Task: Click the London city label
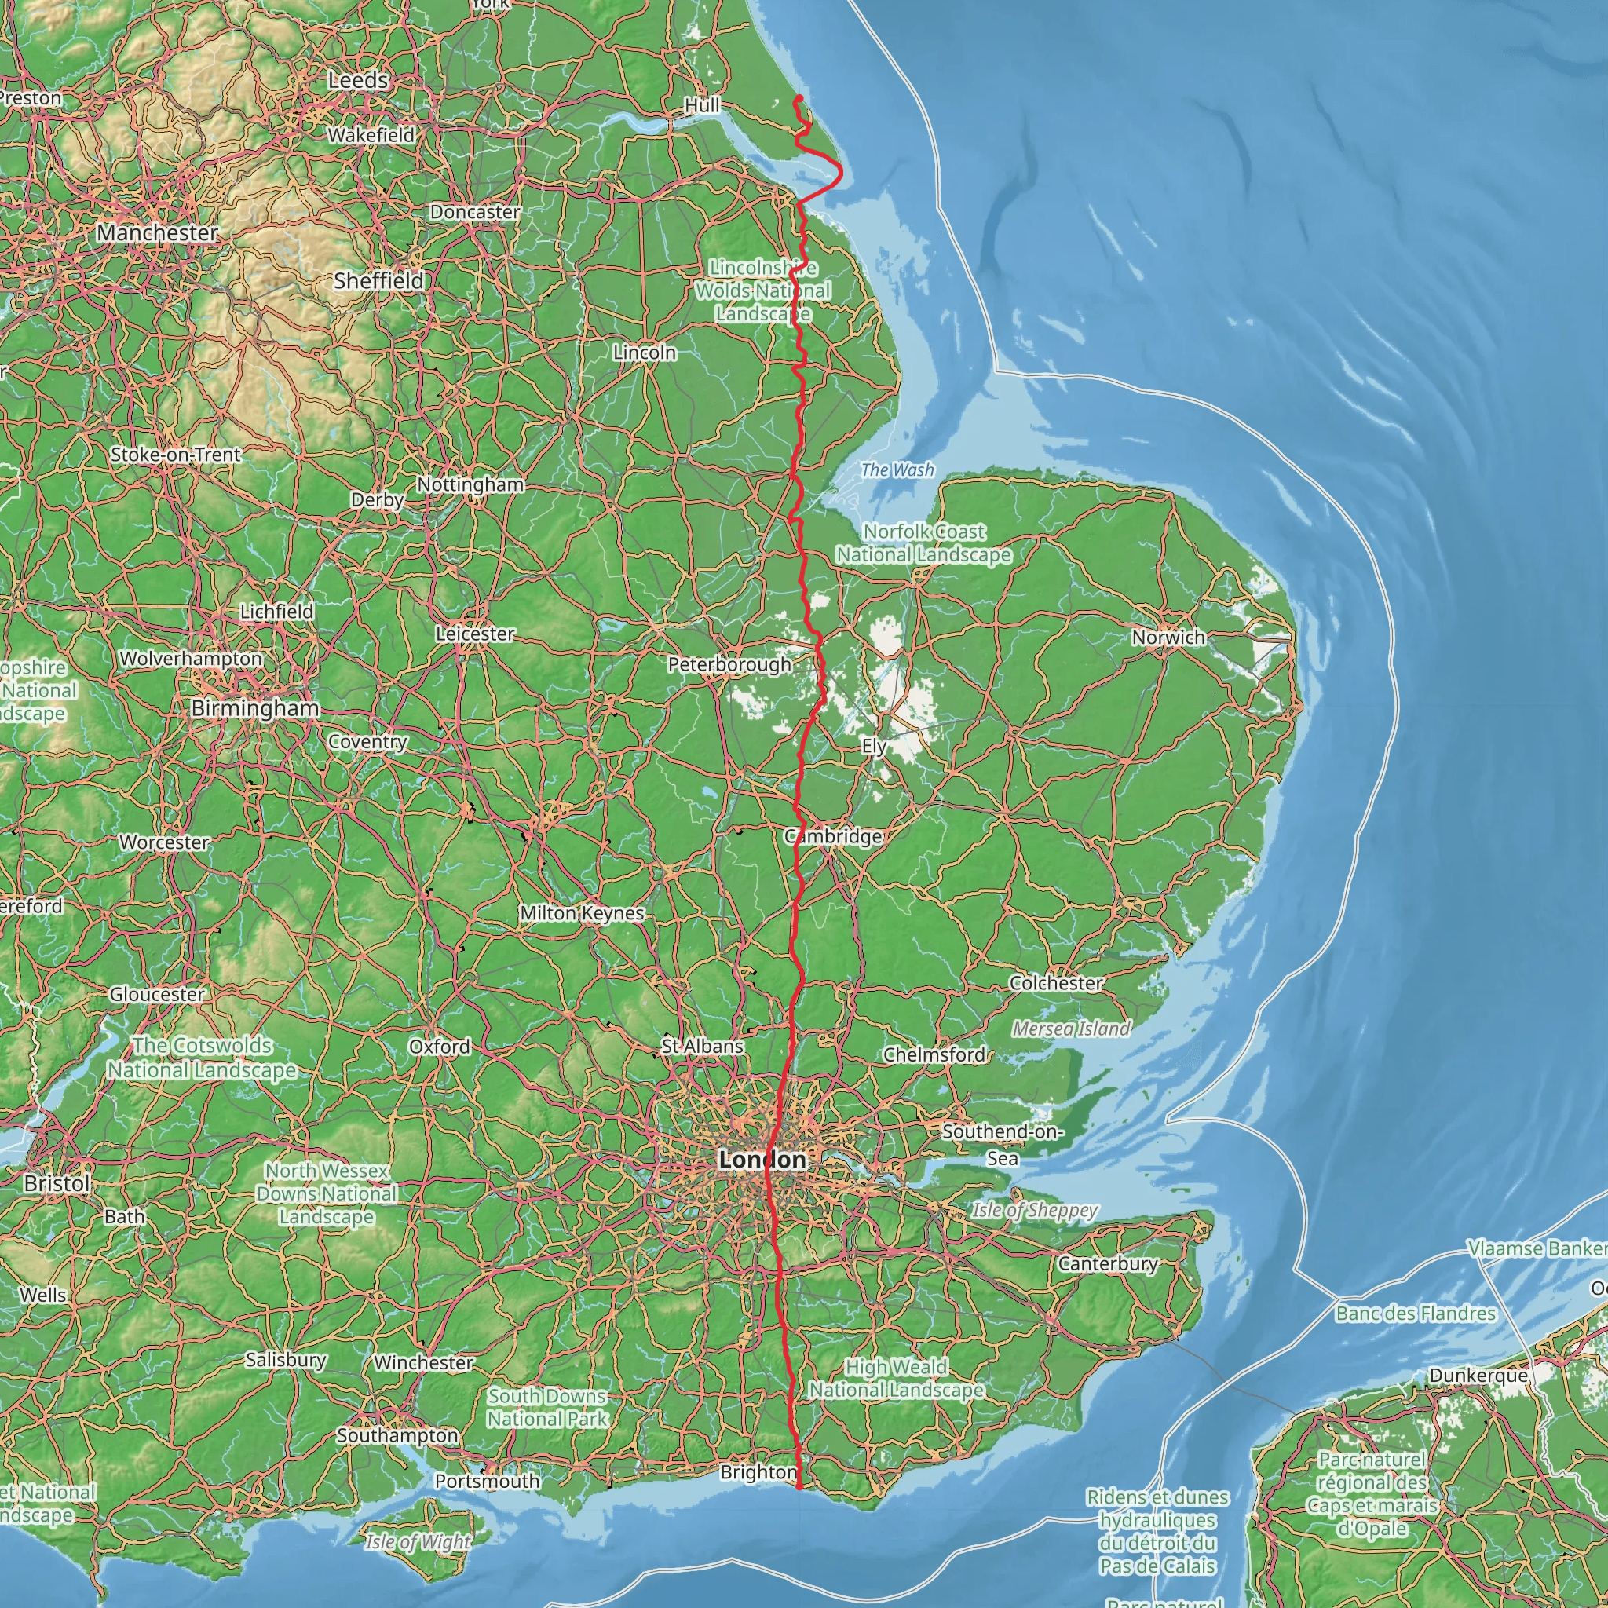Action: [762, 1160]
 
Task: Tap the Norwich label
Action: [1168, 638]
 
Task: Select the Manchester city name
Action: [157, 232]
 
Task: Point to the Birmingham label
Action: [254, 708]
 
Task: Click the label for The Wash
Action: [897, 470]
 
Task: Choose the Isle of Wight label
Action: [418, 1542]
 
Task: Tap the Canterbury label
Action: [1108, 1263]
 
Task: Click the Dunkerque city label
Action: [1478, 1376]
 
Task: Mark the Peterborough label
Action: [729, 664]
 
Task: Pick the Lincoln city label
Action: [644, 353]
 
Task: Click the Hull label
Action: [702, 106]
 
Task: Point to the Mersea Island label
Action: [1071, 1029]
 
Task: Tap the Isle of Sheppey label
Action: [1035, 1210]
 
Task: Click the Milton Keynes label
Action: [582, 913]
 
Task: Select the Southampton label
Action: [398, 1435]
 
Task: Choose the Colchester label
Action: [1055, 983]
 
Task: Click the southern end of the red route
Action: [799, 1487]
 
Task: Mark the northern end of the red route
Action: [796, 98]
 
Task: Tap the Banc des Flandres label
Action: [1416, 1314]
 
